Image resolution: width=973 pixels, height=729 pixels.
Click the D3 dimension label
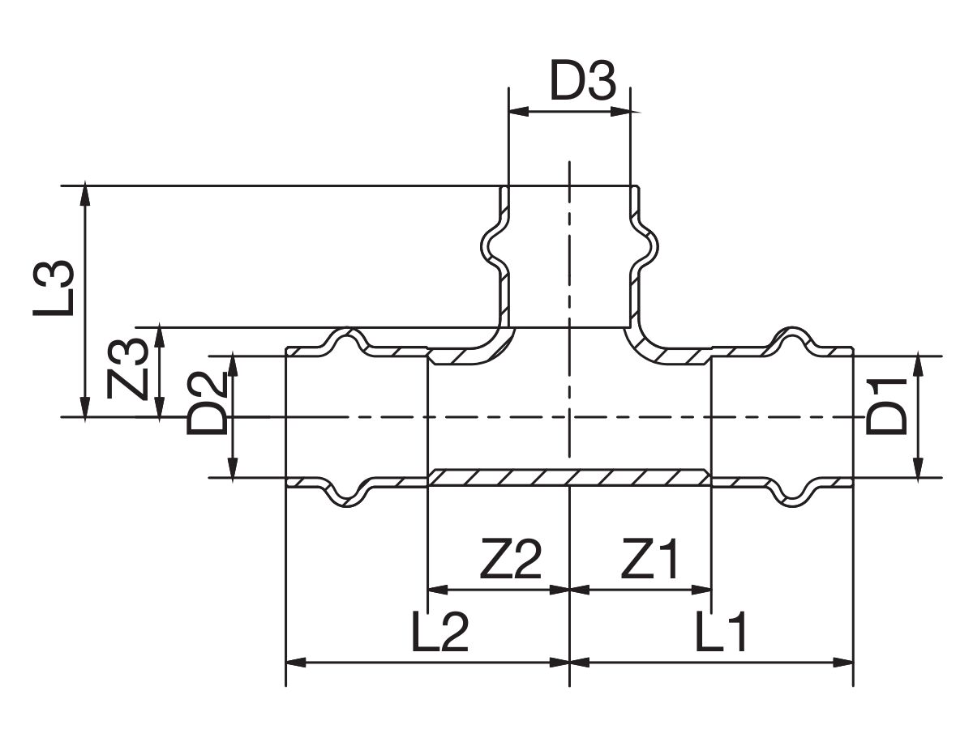tap(582, 81)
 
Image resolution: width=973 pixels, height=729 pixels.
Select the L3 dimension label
tap(53, 288)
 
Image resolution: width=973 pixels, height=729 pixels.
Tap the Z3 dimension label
tap(126, 369)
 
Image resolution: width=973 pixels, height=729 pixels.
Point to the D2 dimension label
tap(207, 403)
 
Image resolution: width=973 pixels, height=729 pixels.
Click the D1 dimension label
tap(886, 406)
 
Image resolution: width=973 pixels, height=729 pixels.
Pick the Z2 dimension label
tap(511, 559)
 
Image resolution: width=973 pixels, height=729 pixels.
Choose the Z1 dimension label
tap(649, 559)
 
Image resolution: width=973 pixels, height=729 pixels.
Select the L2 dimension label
tap(439, 631)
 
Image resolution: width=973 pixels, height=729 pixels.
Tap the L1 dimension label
tap(721, 631)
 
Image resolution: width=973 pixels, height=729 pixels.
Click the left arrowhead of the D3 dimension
tap(519, 112)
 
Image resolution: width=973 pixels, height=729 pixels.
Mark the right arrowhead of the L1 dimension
tap(842, 663)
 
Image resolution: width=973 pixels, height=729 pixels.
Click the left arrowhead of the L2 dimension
tap(296, 663)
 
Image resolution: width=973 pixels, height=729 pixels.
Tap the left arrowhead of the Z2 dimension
tap(438, 590)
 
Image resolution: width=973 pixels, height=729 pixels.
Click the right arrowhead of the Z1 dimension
tap(701, 590)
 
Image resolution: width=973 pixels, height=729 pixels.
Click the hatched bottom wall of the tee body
tap(569, 477)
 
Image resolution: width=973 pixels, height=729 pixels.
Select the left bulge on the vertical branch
tap(491, 250)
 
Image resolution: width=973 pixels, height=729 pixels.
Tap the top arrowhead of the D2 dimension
tap(233, 365)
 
